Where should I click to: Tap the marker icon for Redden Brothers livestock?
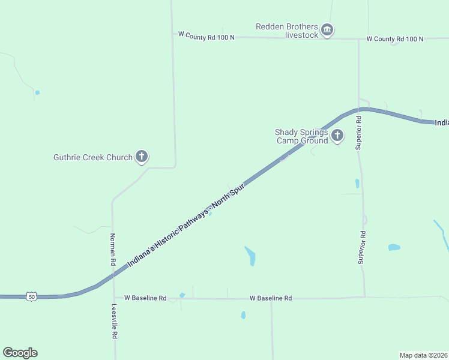[327, 29]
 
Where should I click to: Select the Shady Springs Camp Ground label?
[301, 136]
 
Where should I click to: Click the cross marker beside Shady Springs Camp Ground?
[337, 136]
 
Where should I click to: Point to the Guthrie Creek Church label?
[93, 157]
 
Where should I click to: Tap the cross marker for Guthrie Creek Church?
[142, 157]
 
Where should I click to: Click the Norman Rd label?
[112, 250]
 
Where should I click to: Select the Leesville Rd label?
[114, 322]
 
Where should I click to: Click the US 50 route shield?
[32, 296]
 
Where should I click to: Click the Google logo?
[20, 353]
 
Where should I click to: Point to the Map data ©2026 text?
[423, 355]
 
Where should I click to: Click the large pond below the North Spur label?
[250, 256]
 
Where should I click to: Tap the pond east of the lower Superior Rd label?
[394, 247]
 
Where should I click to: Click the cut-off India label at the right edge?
[441, 122]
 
